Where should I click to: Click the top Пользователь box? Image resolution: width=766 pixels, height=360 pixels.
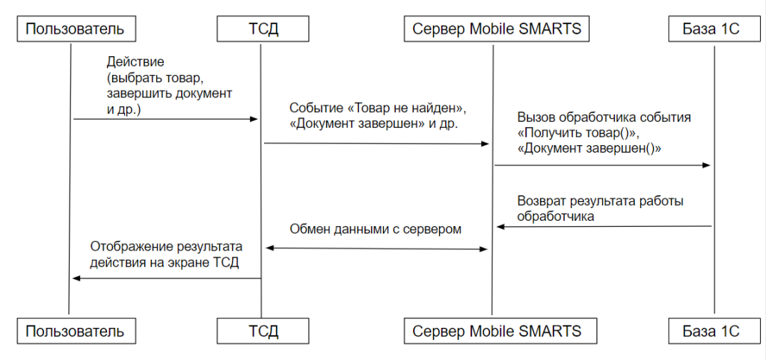[76, 29]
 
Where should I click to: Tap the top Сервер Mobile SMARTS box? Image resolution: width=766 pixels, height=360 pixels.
[497, 29]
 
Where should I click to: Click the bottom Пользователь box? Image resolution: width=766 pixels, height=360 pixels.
[76, 331]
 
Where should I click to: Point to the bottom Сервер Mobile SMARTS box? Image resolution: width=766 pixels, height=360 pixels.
[497, 331]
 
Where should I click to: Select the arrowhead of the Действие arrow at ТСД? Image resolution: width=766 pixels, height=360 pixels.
[254, 119]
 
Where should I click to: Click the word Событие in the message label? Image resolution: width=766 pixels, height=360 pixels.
[313, 108]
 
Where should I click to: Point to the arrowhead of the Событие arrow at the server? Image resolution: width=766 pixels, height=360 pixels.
[485, 144]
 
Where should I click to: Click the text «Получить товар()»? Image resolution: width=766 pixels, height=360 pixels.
[578, 133]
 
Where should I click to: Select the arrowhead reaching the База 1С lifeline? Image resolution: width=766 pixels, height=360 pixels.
[706, 165]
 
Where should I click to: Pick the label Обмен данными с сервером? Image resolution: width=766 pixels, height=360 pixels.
[376, 229]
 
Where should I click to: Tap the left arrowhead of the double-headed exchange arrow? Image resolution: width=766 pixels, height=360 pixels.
[269, 248]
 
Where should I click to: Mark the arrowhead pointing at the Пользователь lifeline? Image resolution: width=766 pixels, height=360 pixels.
[76, 278]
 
